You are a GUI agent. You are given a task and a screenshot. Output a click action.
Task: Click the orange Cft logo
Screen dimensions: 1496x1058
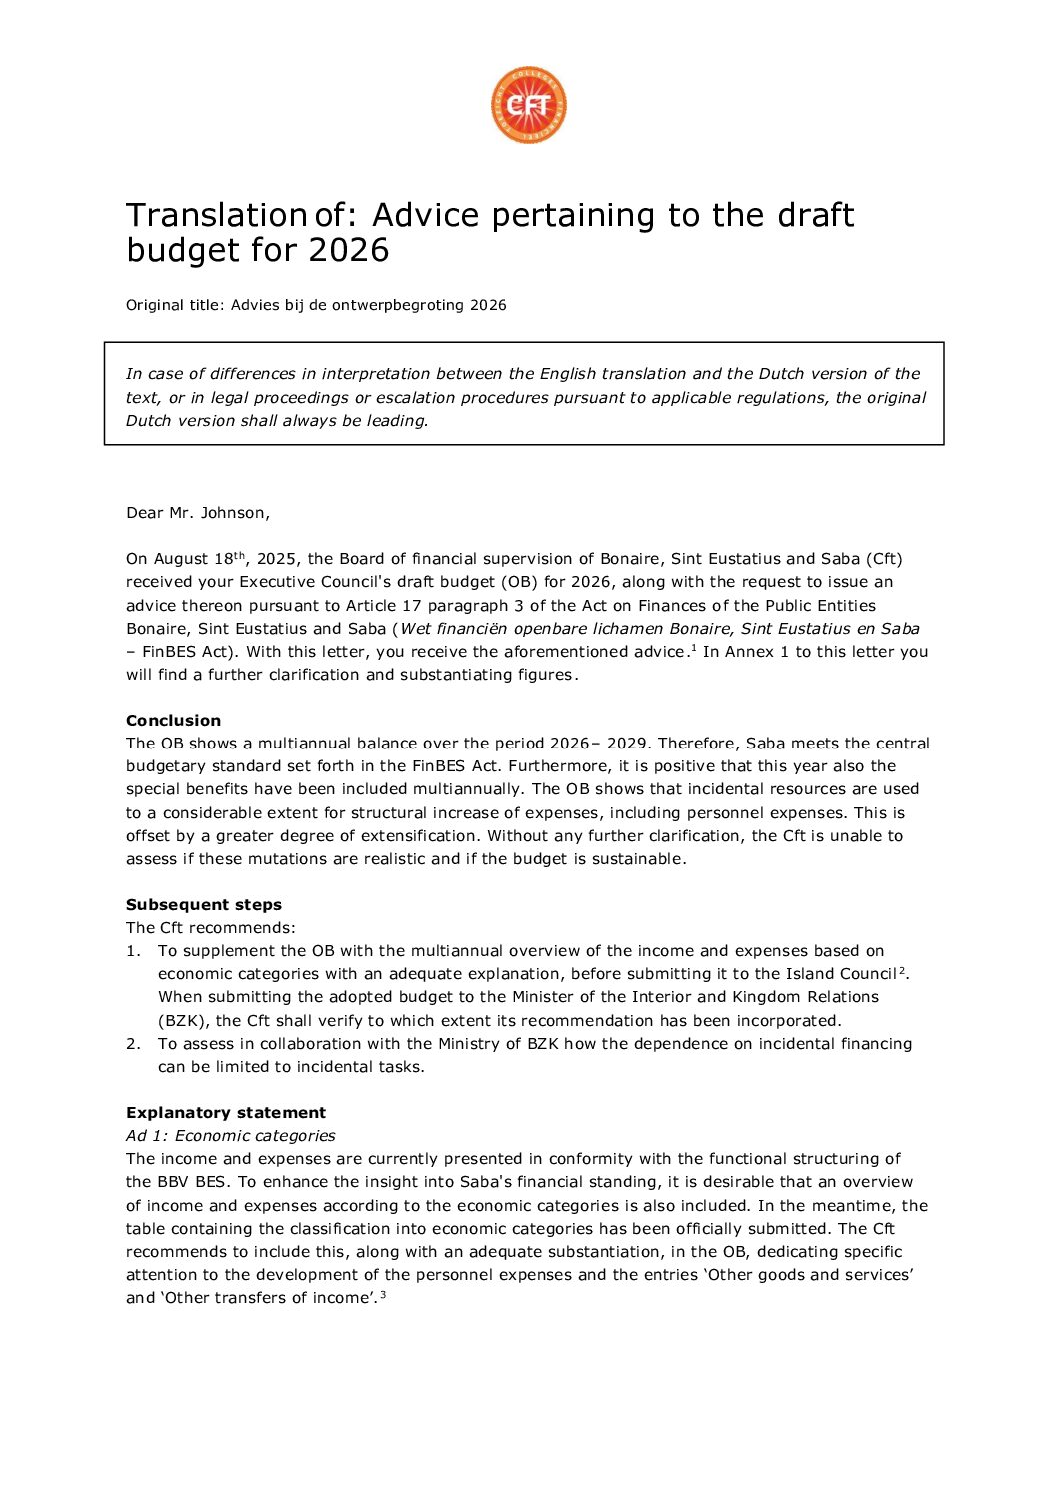pos(528,105)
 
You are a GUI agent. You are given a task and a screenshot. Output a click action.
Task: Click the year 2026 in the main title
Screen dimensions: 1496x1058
pos(348,250)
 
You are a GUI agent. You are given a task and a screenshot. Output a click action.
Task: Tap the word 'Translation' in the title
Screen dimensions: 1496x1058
pos(215,215)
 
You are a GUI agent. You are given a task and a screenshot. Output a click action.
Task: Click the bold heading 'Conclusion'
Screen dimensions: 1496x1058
pos(173,720)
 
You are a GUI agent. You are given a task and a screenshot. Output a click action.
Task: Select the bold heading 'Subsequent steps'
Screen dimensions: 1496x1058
pos(204,904)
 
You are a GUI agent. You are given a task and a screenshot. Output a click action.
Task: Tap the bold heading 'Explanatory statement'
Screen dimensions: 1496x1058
pos(226,1112)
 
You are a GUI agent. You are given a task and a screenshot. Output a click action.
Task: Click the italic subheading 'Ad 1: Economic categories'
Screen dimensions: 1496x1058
pos(230,1135)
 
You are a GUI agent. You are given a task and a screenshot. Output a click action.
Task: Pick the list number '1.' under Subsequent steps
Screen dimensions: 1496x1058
pos(133,950)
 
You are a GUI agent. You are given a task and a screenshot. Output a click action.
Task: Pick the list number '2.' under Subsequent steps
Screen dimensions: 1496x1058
pos(133,1043)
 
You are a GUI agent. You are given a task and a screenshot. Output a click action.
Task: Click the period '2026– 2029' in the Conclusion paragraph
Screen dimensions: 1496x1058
pos(598,743)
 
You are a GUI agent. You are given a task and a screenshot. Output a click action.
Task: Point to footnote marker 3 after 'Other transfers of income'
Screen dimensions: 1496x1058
pos(382,1295)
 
